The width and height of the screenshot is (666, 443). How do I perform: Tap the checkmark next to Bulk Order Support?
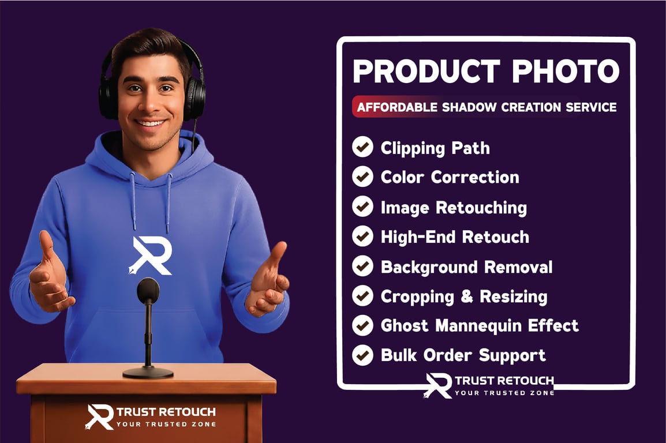[362, 354]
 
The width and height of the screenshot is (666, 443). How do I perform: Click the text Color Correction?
[450, 177]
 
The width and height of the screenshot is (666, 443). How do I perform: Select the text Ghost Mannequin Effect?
[479, 325]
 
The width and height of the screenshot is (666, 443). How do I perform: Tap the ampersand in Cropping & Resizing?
[467, 296]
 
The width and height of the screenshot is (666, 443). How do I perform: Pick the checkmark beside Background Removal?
[362, 266]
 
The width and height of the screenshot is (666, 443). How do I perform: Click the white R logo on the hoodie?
[151, 255]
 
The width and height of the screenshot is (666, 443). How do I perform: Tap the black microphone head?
[148, 290]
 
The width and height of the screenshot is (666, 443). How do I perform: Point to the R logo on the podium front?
[99, 416]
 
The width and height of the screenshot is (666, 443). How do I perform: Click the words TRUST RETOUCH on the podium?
[166, 412]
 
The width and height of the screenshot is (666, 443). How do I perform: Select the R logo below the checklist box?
[439, 385]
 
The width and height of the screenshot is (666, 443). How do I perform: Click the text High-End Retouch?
[455, 236]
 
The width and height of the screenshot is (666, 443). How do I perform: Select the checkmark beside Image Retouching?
[362, 206]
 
